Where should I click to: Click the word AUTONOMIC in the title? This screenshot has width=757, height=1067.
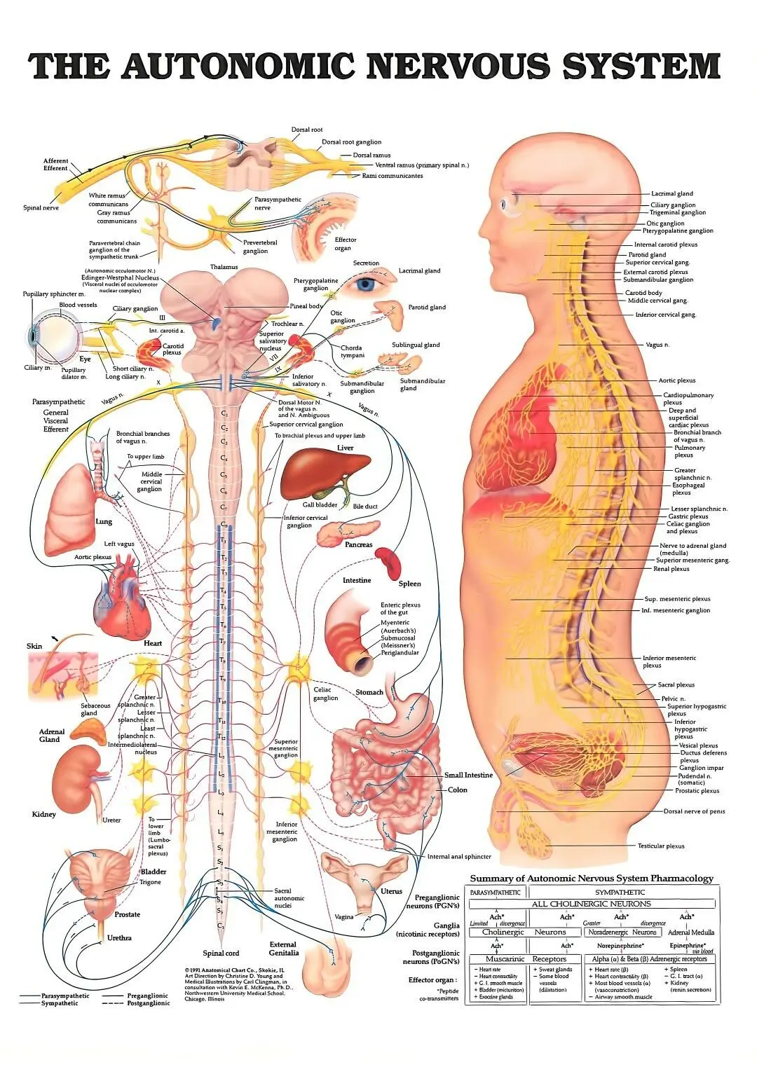click(238, 67)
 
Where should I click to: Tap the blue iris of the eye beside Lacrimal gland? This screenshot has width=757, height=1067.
click(365, 284)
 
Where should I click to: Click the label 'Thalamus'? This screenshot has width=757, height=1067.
click(224, 267)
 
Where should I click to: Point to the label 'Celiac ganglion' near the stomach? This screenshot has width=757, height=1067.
click(325, 694)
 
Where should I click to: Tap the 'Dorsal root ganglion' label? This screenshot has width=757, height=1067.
click(351, 142)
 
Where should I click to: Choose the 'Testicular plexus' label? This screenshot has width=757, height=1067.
click(660, 846)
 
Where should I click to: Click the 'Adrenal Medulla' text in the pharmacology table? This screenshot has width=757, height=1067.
click(690, 932)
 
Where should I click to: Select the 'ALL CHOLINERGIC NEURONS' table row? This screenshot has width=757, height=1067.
click(591, 904)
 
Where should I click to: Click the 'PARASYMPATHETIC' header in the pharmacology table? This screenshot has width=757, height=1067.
click(496, 892)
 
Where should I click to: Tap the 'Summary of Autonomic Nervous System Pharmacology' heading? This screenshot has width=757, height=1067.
click(591, 879)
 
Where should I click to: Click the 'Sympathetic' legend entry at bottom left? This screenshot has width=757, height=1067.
click(60, 1003)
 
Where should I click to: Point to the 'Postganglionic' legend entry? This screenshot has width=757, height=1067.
click(148, 1003)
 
